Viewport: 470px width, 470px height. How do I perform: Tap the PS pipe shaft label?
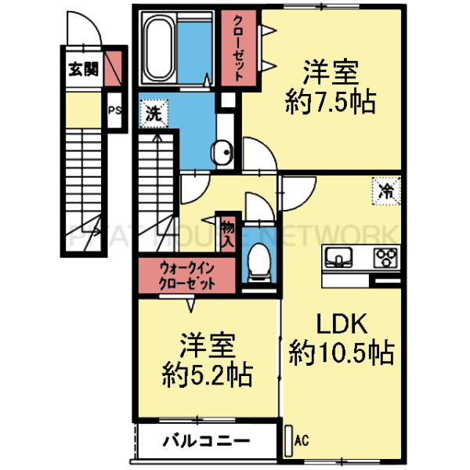[x=114, y=110]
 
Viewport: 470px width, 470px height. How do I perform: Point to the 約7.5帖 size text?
[x=330, y=103]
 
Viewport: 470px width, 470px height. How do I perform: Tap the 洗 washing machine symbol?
[x=153, y=114]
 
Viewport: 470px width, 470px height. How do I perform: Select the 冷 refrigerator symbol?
[x=386, y=189]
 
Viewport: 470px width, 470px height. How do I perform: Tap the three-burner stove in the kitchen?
[x=385, y=256]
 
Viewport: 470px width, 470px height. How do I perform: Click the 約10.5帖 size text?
[x=340, y=354]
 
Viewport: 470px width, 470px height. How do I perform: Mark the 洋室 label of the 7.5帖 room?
[x=331, y=73]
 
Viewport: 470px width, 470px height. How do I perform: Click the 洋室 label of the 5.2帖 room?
[x=207, y=345]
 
